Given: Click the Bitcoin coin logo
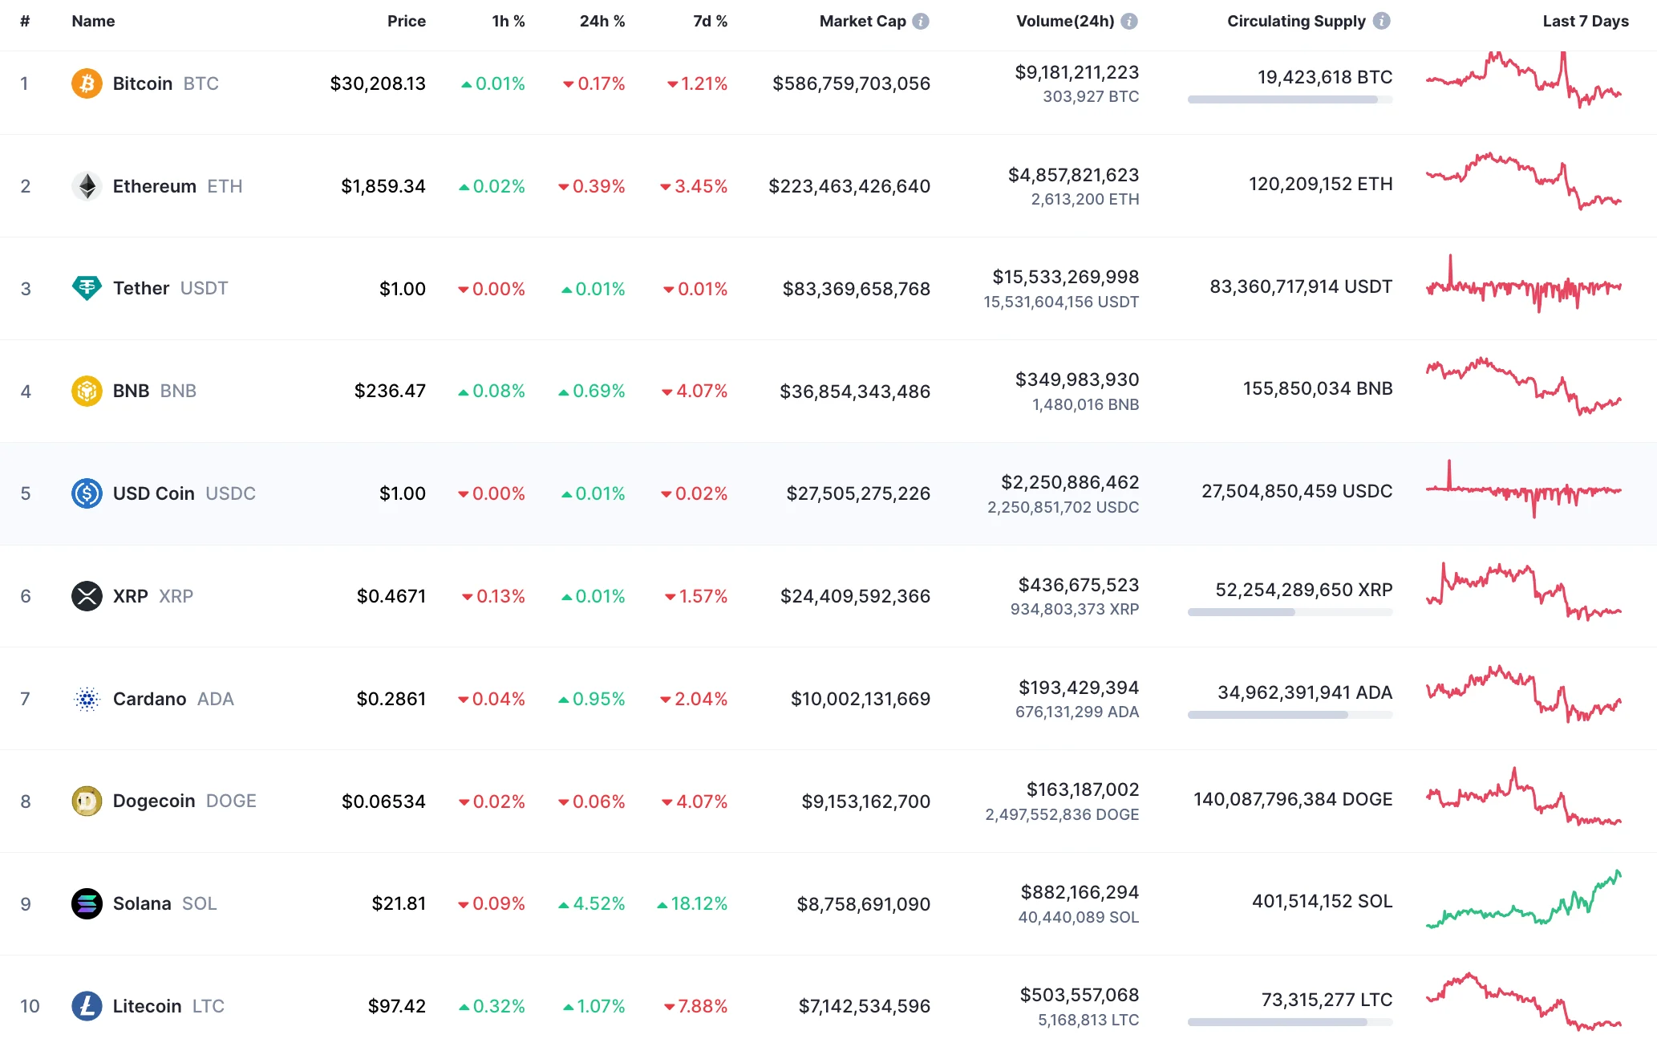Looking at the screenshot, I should tap(87, 83).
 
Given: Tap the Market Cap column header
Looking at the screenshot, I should tap(862, 22).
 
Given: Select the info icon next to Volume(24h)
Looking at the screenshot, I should tap(1129, 22).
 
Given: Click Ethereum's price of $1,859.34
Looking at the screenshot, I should tap(383, 186).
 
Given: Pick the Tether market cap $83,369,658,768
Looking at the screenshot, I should tap(856, 289).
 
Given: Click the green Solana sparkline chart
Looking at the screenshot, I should tap(1523, 902).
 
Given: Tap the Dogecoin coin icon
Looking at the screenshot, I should tap(87, 801).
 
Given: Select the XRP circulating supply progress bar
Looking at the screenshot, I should tap(1290, 612).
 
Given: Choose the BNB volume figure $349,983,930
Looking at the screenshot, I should tap(1076, 379).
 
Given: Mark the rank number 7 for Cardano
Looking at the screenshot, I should tap(26, 699).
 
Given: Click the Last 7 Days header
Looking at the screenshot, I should tap(1585, 22).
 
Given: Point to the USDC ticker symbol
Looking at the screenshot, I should tap(230, 494).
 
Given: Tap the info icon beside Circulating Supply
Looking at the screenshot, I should tap(1381, 22).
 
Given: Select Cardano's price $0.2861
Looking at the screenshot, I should tap(391, 699).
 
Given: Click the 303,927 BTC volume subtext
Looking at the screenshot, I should tap(1090, 97).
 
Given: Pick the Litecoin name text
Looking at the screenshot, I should tap(147, 1007).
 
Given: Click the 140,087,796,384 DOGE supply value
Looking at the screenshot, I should tap(1292, 800).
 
